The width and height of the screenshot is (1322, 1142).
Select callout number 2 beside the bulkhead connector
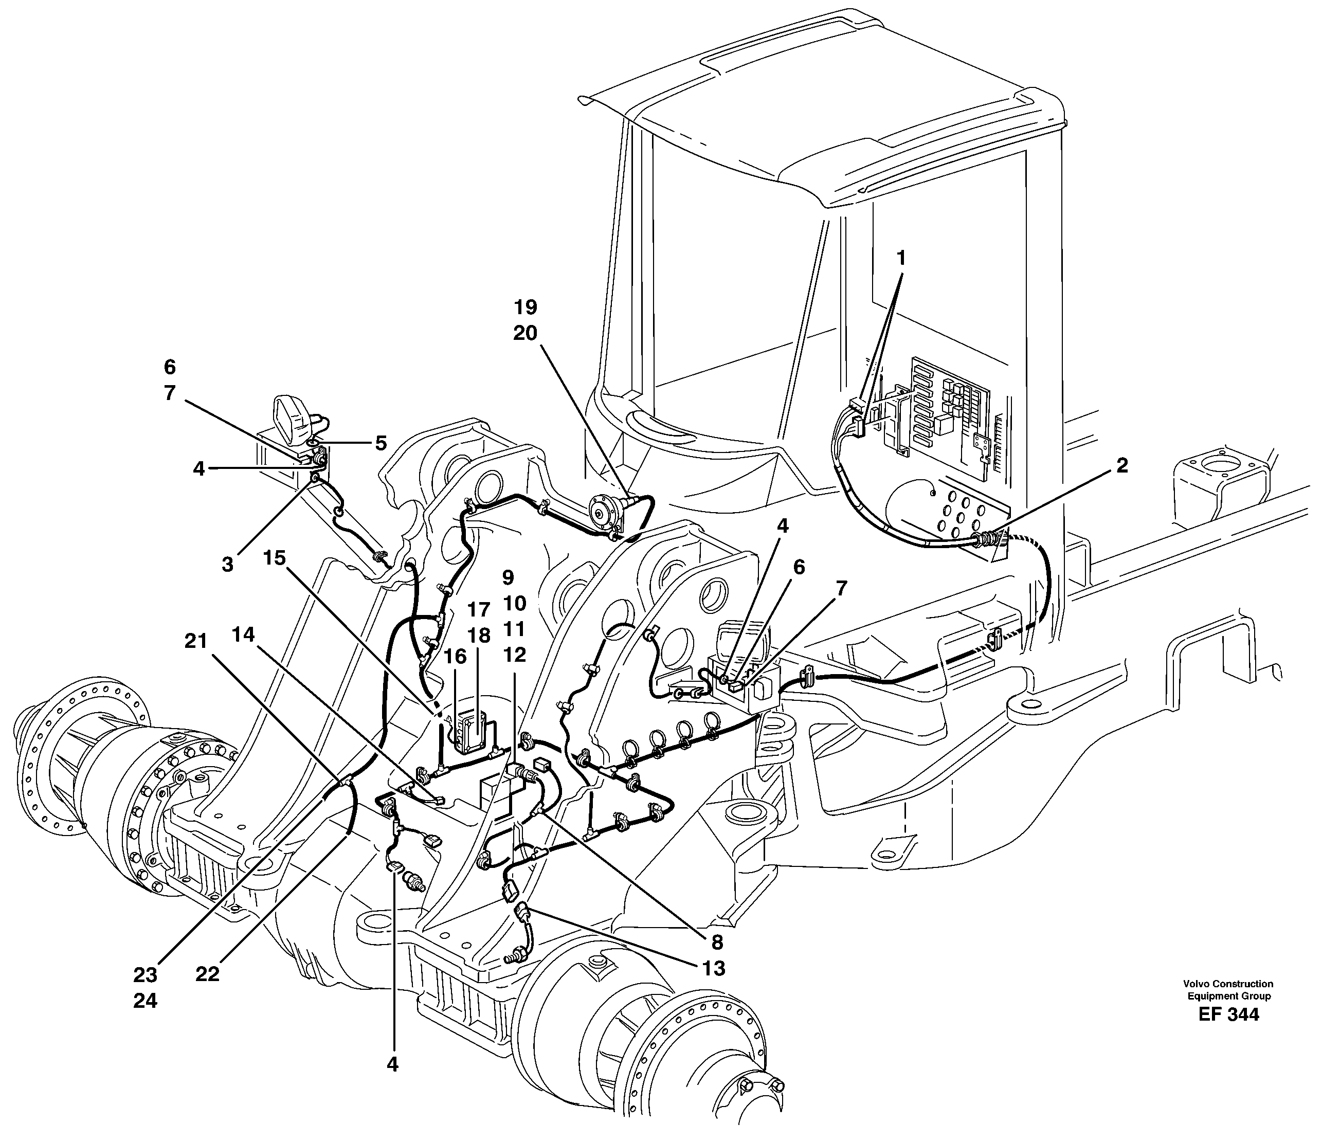pyautogui.click(x=1121, y=465)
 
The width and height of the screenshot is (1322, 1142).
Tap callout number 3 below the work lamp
pyautogui.click(x=227, y=565)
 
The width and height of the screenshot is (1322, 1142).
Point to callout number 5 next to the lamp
pyautogui.click(x=381, y=443)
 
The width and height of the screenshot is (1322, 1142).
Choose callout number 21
pyautogui.click(x=196, y=641)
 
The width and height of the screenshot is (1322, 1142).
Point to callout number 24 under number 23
pyautogui.click(x=146, y=1001)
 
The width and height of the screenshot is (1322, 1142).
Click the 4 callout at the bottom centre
pyautogui.click(x=392, y=1064)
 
